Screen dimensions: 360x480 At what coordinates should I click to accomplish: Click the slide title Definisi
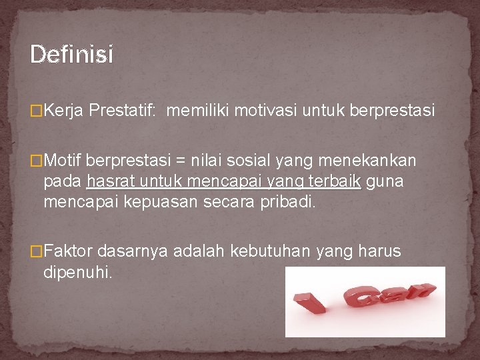(x=72, y=54)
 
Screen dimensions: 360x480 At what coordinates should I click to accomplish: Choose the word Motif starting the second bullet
(x=63, y=161)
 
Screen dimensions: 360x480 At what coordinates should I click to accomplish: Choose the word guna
(x=385, y=181)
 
